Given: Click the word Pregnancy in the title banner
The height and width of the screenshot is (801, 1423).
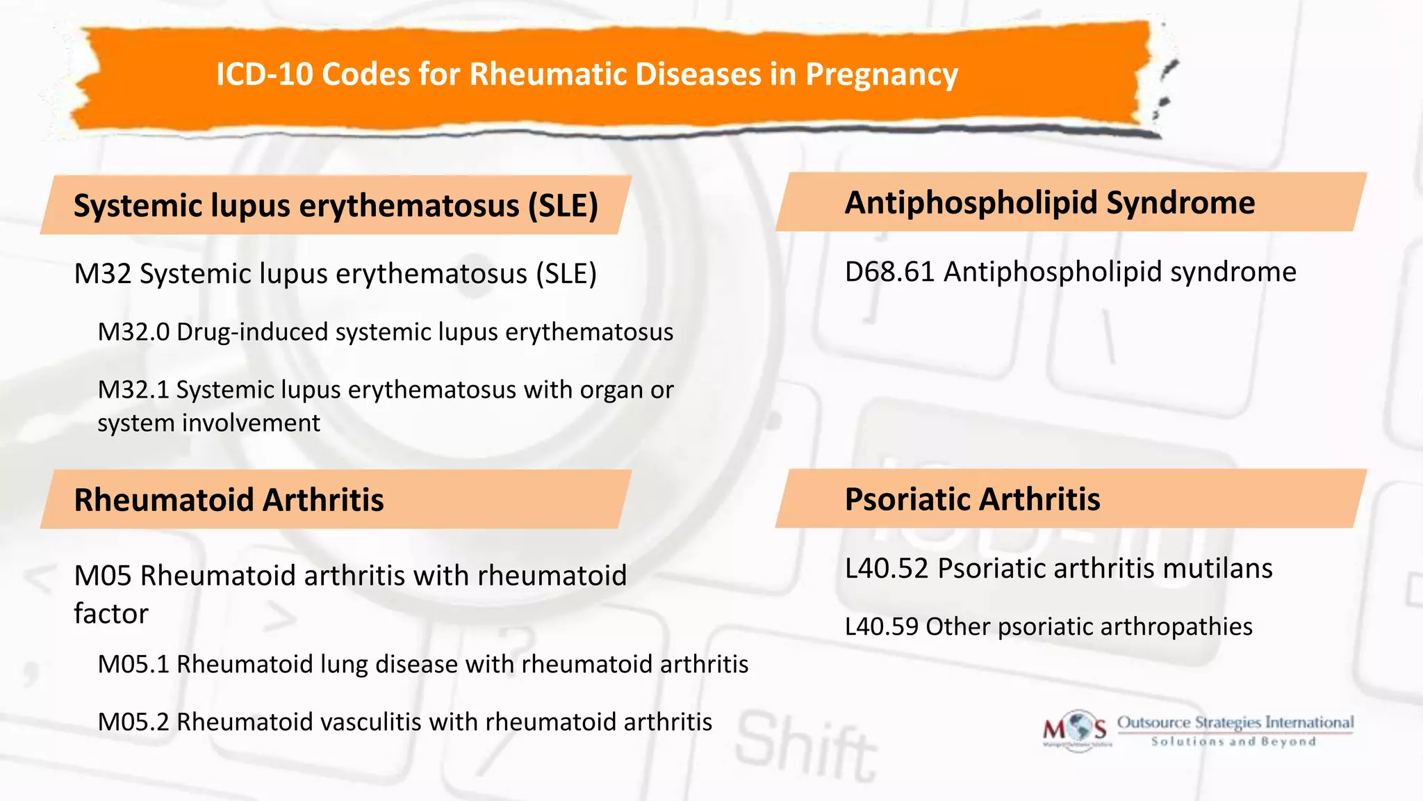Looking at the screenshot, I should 881,74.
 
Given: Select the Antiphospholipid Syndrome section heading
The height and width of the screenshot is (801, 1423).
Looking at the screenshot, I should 1049,203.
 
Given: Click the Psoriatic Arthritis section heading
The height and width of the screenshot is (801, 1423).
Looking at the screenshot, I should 972,499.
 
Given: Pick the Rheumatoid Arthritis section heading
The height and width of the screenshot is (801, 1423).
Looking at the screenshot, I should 229,500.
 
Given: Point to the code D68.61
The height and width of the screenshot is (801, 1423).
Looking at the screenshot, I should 889,272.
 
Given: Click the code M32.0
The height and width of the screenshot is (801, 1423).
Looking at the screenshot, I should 133,332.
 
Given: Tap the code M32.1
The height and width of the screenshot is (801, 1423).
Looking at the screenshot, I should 133,390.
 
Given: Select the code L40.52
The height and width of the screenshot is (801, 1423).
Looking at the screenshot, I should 887,569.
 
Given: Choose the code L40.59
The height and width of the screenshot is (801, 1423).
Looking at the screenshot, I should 881,627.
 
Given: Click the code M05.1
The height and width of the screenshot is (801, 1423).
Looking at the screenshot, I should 133,665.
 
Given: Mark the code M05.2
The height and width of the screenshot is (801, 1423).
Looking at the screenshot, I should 133,722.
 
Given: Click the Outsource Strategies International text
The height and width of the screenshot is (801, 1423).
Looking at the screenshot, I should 1235,723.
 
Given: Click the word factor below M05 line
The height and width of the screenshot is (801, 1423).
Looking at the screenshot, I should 111,614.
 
